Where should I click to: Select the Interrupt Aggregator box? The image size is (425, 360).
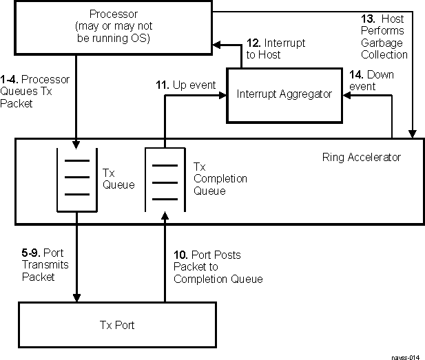(x=283, y=94)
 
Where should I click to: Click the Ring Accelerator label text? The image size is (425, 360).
(x=361, y=158)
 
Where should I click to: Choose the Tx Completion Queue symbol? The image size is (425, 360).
(x=165, y=180)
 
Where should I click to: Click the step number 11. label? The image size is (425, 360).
(x=162, y=85)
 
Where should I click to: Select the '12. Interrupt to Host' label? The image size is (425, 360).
(x=276, y=49)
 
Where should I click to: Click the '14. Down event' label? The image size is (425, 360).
(x=371, y=80)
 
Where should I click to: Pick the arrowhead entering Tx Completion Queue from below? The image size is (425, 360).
(x=165, y=219)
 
